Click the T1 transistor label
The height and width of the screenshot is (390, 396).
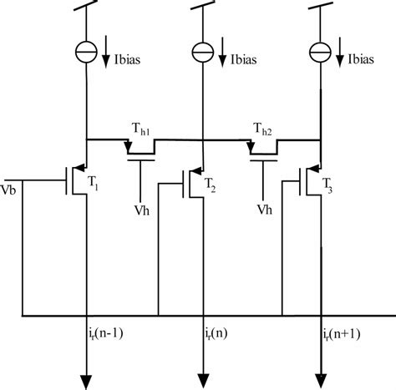[94, 185]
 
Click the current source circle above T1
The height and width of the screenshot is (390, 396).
[87, 52]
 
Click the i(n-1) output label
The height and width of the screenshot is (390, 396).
[104, 333]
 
